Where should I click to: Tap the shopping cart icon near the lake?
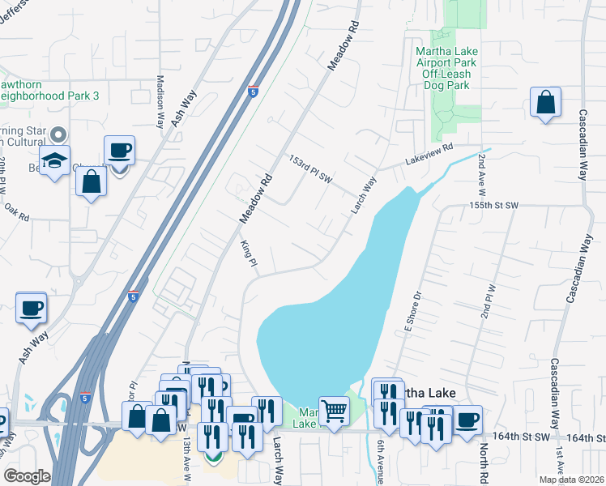click(x=333, y=410)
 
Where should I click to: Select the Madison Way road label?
click(x=160, y=102)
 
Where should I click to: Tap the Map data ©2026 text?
click(x=571, y=480)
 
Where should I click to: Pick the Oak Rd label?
click(x=17, y=217)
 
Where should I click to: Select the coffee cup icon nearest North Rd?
click(x=467, y=420)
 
